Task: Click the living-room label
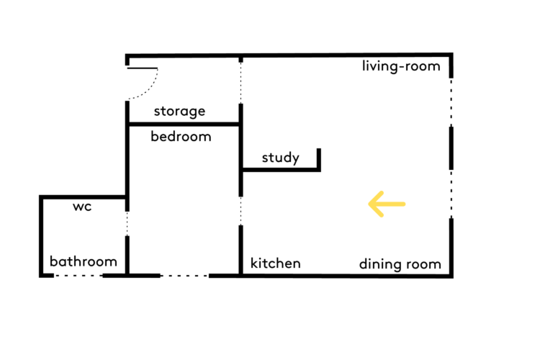pyautogui.click(x=401, y=66)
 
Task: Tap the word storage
pyautogui.click(x=179, y=112)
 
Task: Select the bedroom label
pyautogui.click(x=181, y=136)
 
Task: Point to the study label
pyautogui.click(x=280, y=158)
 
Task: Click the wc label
pyautogui.click(x=82, y=207)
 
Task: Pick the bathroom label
pyautogui.click(x=84, y=261)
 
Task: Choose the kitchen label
pyautogui.click(x=276, y=264)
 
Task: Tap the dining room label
pyautogui.click(x=400, y=264)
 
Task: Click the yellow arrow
pyautogui.click(x=387, y=204)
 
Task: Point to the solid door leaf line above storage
pyautogui.click(x=143, y=68)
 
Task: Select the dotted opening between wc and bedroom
pyautogui.click(x=127, y=224)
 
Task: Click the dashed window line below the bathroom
pyautogui.click(x=78, y=276)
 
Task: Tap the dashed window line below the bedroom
pyautogui.click(x=184, y=276)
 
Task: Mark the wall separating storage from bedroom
pyautogui.click(x=183, y=124)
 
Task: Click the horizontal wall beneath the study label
pyautogui.click(x=281, y=169)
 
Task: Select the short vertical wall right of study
pyautogui.click(x=319, y=160)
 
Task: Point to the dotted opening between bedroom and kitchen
pyautogui.click(x=240, y=211)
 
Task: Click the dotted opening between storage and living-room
pyautogui.click(x=240, y=83)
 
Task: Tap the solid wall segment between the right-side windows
pyautogui.click(x=451, y=148)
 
